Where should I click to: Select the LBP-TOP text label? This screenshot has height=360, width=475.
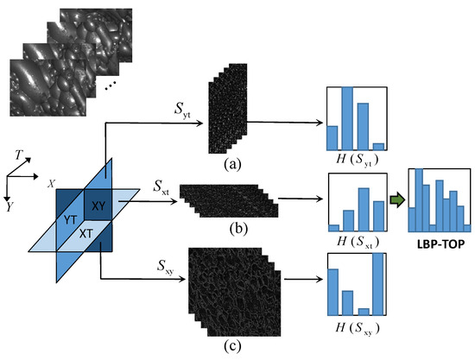[x=437, y=254]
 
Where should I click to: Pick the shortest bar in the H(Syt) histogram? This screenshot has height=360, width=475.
[x=377, y=146]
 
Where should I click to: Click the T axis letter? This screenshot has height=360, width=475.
[x=19, y=153]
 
